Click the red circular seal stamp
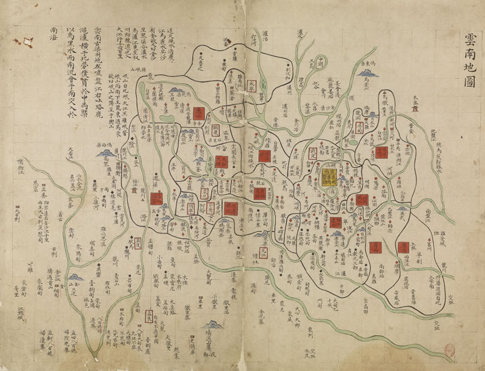coord(450,352)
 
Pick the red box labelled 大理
coord(221,162)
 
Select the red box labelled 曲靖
coord(381,153)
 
